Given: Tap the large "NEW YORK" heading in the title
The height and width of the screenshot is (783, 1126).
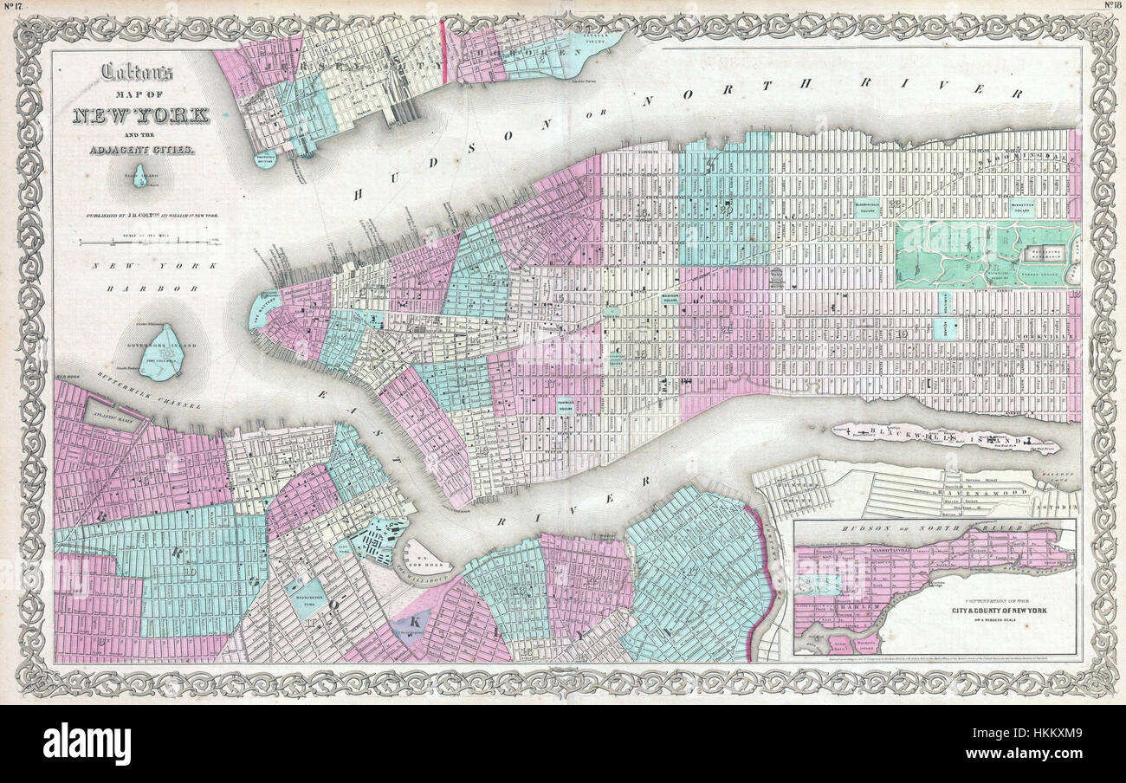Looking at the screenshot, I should tap(140, 115).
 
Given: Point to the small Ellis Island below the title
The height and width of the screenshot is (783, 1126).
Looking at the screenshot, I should tap(139, 179).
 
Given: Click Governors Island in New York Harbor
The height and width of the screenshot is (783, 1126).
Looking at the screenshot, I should tap(161, 353).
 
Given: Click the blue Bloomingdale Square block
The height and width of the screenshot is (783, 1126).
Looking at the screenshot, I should tap(867, 209).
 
